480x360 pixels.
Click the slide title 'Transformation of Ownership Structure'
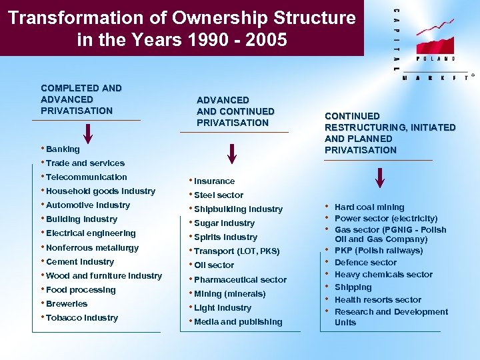pyautogui.click(x=181, y=18)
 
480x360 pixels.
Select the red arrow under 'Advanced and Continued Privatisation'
pyautogui.click(x=231, y=153)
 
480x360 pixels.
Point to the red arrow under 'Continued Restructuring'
pyautogui.click(x=379, y=177)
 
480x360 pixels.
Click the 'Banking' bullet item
pyautogui.click(x=63, y=149)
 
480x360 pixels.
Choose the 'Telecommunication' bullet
pyautogui.click(x=86, y=177)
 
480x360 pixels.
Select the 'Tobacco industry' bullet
pyautogui.click(x=82, y=318)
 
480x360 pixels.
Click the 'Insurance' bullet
pyautogui.click(x=214, y=181)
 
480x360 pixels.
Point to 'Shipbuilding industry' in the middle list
pyautogui.click(x=238, y=209)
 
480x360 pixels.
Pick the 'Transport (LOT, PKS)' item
pyautogui.click(x=237, y=251)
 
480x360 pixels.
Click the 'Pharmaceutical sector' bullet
pyautogui.click(x=240, y=280)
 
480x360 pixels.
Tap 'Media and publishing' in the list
pyautogui.click(x=238, y=322)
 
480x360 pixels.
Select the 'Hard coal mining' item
pyautogui.click(x=369, y=207)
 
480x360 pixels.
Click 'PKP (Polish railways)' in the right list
pyautogui.click(x=378, y=251)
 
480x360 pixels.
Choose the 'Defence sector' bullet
pyautogui.click(x=365, y=263)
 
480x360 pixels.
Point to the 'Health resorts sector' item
pyautogui.click(x=377, y=300)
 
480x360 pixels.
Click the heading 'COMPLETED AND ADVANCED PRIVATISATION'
pyautogui.click(x=81, y=99)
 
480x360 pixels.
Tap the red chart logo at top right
pyautogui.click(x=431, y=40)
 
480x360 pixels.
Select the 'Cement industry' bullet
pyautogui.click(x=80, y=262)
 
